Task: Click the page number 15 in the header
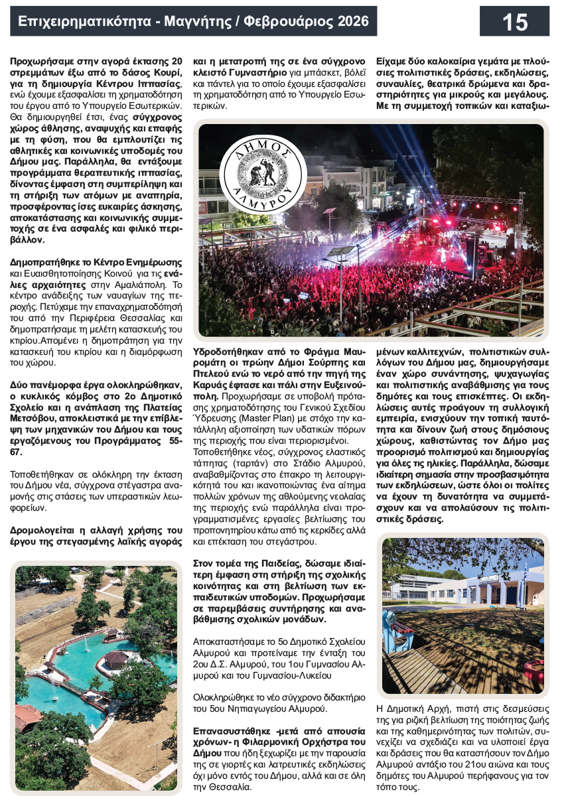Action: (514, 22)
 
